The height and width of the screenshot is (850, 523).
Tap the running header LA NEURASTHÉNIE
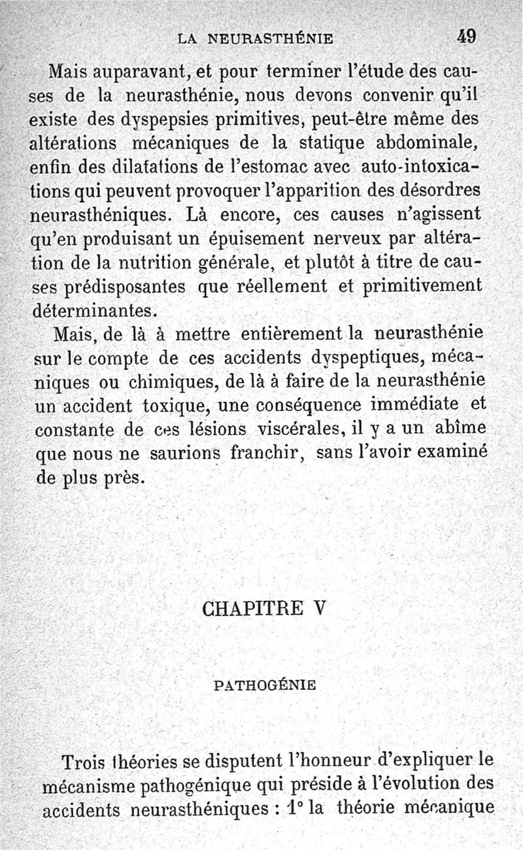[256, 39]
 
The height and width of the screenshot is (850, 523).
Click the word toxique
[175, 406]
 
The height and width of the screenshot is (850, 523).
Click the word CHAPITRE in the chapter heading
[252, 608]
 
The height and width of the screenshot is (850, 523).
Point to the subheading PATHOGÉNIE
[265, 686]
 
